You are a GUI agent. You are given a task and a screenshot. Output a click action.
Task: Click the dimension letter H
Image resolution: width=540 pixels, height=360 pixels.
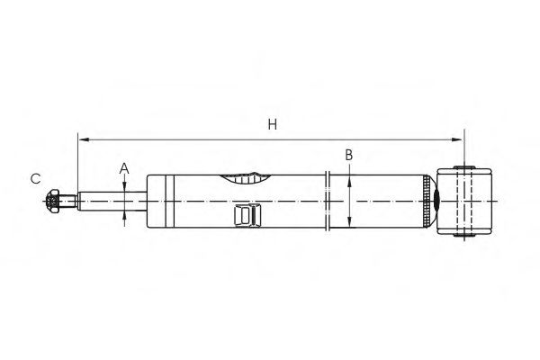pyautogui.click(x=271, y=126)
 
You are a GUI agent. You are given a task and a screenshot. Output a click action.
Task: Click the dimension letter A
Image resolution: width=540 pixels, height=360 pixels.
pyautogui.click(x=125, y=167)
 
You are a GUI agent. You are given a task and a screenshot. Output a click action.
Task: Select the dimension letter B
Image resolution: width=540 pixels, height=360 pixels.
pyautogui.click(x=348, y=155)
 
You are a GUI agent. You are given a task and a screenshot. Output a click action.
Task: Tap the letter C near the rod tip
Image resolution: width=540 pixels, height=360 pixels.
pyautogui.click(x=36, y=179)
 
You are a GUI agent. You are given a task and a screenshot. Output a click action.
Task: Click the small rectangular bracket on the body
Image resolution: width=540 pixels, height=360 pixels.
pyautogui.click(x=246, y=215)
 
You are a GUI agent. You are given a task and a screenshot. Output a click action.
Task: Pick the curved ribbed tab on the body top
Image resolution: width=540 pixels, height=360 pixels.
pyautogui.click(x=245, y=177)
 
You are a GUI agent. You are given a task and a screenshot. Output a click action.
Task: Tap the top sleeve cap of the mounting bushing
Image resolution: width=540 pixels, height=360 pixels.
pyautogui.click(x=465, y=166)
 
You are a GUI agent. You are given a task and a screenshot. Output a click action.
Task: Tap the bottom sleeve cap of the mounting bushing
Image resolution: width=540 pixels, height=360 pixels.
pyautogui.click(x=465, y=236)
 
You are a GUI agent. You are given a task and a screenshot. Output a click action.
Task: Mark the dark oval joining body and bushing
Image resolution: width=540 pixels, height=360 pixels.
pyautogui.click(x=436, y=202)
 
